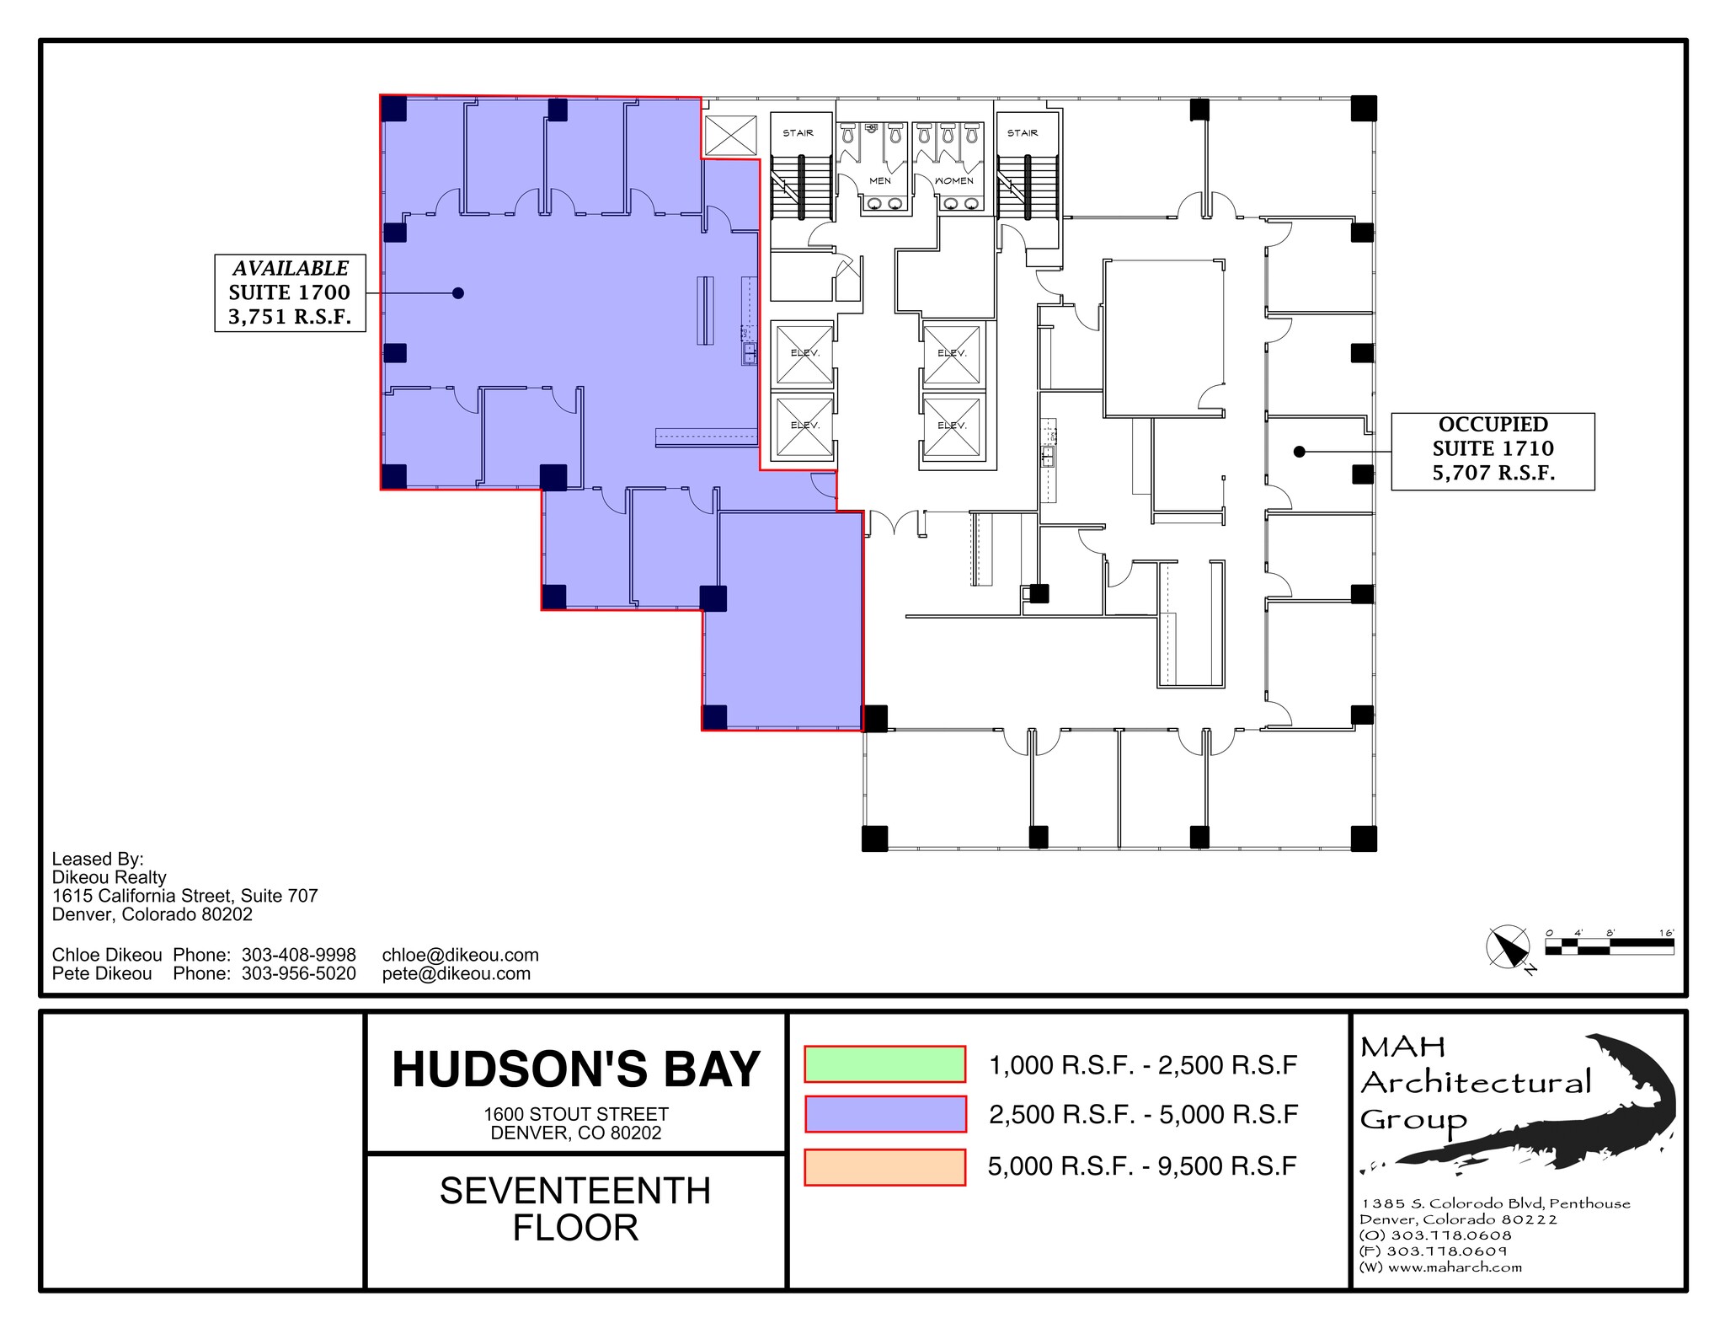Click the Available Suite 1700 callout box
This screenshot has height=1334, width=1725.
tap(290, 292)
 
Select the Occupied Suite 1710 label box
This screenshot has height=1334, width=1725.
tap(1493, 451)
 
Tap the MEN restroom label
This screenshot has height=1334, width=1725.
tap(880, 180)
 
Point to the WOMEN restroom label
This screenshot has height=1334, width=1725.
tap(953, 180)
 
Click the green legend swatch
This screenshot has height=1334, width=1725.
tap(884, 1064)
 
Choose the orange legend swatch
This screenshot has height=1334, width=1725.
tap(884, 1167)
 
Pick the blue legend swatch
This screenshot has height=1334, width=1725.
tap(884, 1114)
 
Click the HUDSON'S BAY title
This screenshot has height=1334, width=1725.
tap(576, 1070)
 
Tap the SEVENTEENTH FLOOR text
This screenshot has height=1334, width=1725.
tap(576, 1209)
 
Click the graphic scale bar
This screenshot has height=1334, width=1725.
tap(1609, 946)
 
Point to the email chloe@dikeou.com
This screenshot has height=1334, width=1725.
tap(460, 955)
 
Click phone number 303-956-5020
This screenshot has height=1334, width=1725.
tap(298, 973)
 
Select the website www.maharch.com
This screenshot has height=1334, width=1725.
tap(1455, 1267)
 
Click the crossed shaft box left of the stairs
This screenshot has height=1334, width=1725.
tap(730, 135)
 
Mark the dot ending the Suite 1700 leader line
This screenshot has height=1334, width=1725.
tap(458, 293)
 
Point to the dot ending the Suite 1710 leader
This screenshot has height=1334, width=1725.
tap(1299, 452)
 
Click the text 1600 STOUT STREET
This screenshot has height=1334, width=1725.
tap(576, 1114)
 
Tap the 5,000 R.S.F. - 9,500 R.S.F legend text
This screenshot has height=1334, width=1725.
tap(1142, 1166)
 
